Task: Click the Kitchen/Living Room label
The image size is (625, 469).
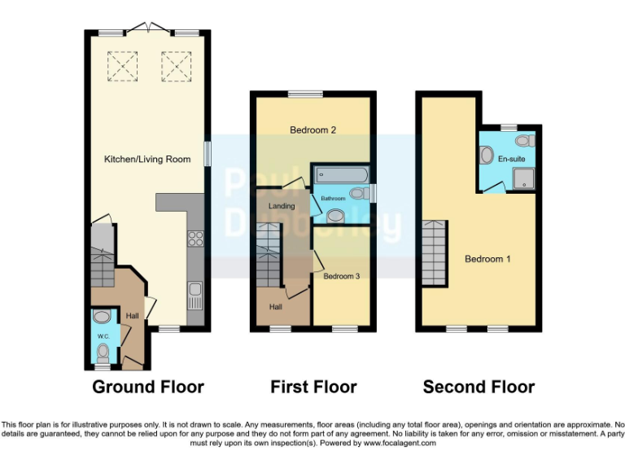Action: (146, 159)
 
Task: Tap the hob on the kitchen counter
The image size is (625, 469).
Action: (195, 239)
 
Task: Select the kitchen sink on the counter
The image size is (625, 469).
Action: (195, 295)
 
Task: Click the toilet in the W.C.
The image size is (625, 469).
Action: (103, 353)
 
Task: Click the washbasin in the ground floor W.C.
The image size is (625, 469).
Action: (102, 317)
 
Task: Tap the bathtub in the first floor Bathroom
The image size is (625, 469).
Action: (341, 174)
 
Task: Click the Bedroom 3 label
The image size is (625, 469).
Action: (341, 277)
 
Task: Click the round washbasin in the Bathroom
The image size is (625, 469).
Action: (335, 217)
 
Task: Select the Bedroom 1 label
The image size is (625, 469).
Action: (487, 259)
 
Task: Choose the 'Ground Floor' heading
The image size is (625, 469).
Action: (147, 387)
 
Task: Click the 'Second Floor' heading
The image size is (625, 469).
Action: (479, 387)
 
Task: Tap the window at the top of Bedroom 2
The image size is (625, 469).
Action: (305, 94)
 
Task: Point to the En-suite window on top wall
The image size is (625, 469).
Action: (509, 127)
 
